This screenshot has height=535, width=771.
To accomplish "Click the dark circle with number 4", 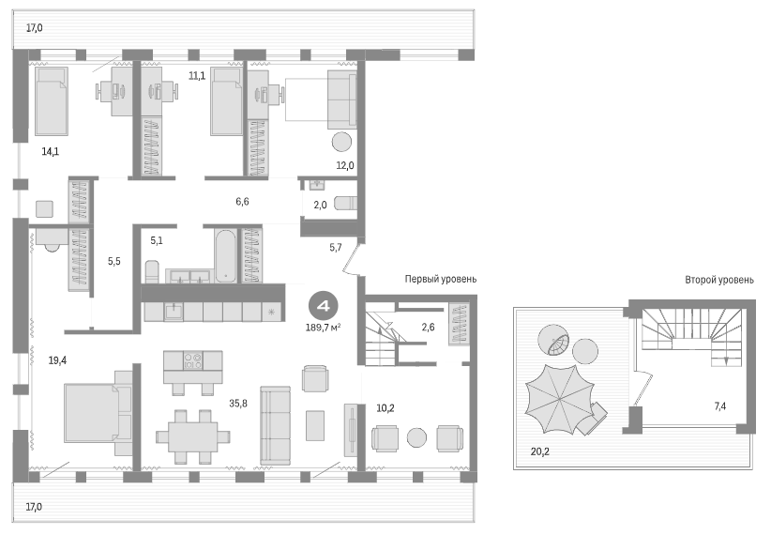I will pyautogui.click(x=322, y=306).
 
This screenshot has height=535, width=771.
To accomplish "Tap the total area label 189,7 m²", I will pyautogui.click(x=322, y=328).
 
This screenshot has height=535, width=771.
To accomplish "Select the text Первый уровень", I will pyautogui.click(x=441, y=280).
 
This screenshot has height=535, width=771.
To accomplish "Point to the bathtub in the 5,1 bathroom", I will pyautogui.click(x=226, y=255).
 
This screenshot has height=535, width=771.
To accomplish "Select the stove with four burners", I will pyautogui.click(x=193, y=360).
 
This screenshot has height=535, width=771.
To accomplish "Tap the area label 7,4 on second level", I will pyautogui.click(x=718, y=405).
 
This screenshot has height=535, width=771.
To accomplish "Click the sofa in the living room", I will pyautogui.click(x=275, y=424).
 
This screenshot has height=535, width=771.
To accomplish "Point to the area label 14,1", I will pyautogui.click(x=50, y=147).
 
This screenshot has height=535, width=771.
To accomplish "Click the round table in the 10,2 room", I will pyautogui.click(x=416, y=438).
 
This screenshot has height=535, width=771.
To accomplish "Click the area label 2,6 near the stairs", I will pyautogui.click(x=427, y=327).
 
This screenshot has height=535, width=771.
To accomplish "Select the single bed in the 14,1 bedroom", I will pyautogui.click(x=53, y=101).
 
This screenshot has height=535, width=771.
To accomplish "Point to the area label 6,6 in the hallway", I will pyautogui.click(x=242, y=201).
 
